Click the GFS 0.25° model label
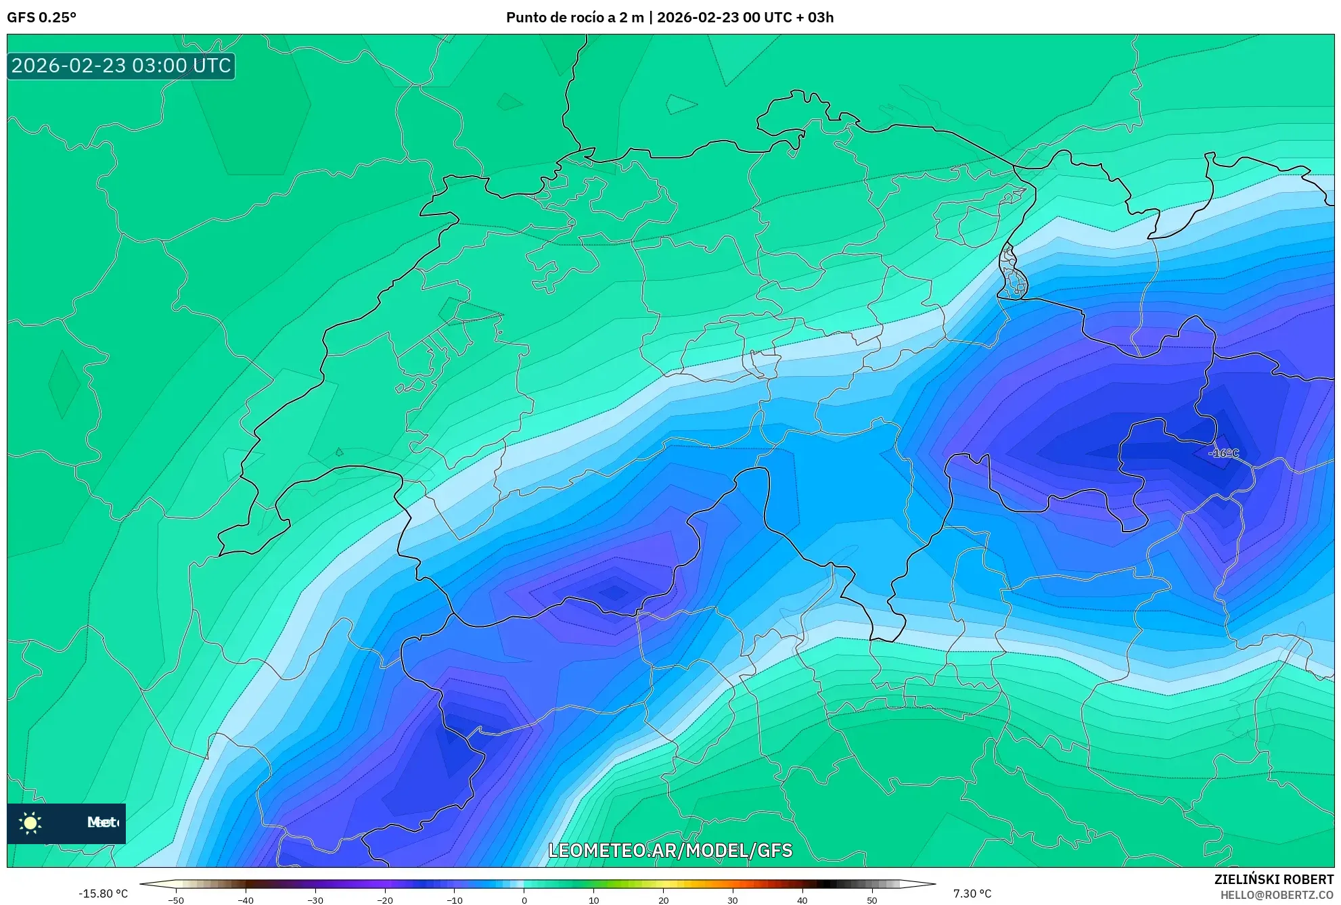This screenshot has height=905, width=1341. point(41,18)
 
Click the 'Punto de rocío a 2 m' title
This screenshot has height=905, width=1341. point(574,18)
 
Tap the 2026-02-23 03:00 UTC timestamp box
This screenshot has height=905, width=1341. point(121,66)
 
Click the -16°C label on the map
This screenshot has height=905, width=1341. point(1224,453)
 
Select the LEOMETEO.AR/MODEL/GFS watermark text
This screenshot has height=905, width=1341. point(670,850)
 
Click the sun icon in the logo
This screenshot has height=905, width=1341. point(30,822)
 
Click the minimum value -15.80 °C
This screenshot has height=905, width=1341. point(103,894)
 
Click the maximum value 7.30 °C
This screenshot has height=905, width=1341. point(972,894)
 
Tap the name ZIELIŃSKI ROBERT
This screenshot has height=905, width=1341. point(1273,879)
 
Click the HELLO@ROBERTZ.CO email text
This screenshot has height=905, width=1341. point(1277,895)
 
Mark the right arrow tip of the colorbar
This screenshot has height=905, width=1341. point(935,883)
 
